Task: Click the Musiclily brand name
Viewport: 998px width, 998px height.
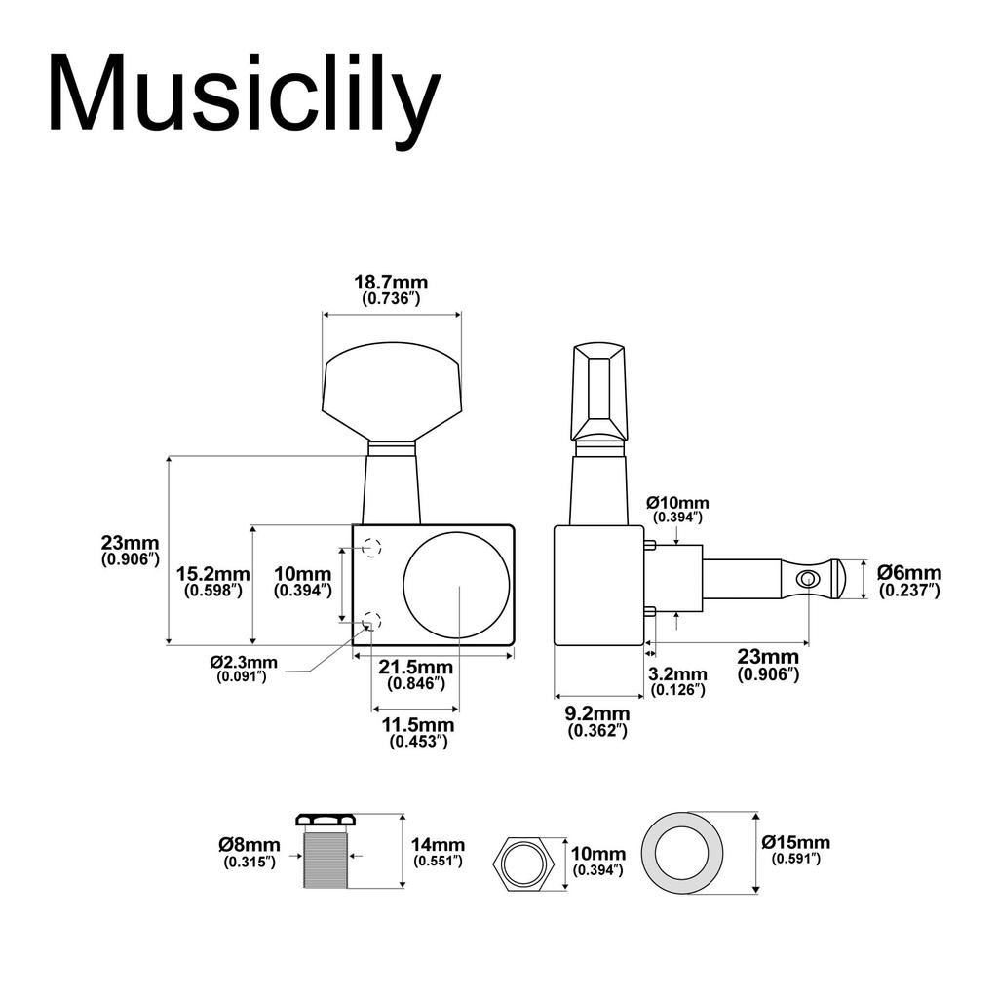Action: pyautogui.click(x=244, y=95)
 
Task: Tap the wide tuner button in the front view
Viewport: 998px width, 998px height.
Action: pyautogui.click(x=392, y=395)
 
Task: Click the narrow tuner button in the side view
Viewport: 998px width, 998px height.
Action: pyautogui.click(x=599, y=391)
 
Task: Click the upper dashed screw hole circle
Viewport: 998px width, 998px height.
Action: pyautogui.click(x=370, y=548)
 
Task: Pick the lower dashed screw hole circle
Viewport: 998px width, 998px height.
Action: pyautogui.click(x=370, y=619)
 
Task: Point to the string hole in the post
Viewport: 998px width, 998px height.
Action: pyautogui.click(x=807, y=580)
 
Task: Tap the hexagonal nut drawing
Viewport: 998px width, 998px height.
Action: pyautogui.click(x=525, y=862)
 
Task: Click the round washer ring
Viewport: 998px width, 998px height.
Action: pyautogui.click(x=681, y=853)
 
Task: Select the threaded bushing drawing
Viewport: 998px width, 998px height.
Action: pyautogui.click(x=325, y=852)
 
